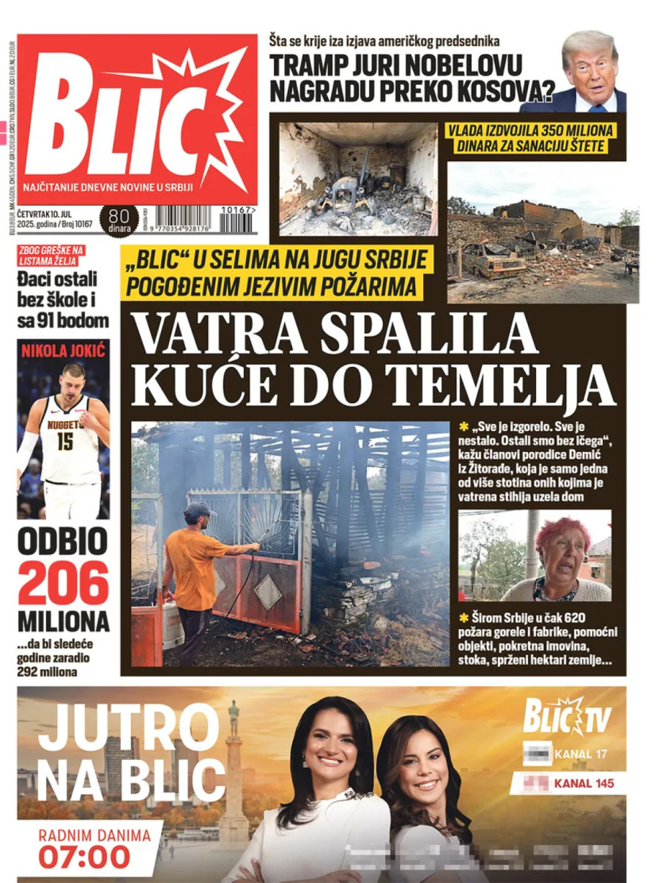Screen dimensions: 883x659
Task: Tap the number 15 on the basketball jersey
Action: pos(65,442)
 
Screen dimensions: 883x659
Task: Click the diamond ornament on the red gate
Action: pos(267,592)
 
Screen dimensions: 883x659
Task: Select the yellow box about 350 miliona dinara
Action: pos(532,138)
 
